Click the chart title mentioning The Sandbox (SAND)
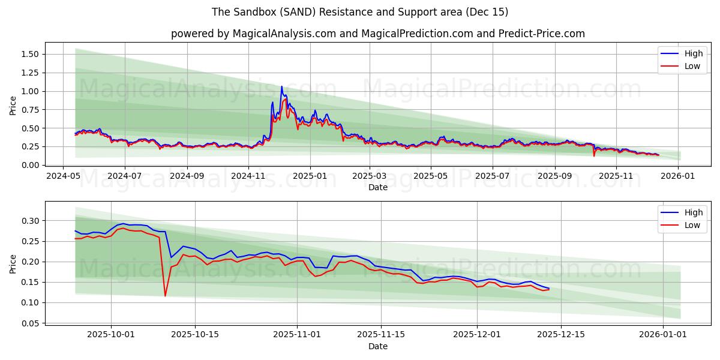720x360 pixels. tap(360, 12)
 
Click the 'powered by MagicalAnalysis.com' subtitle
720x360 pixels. tap(377, 34)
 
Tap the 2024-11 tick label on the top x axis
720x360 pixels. tap(248, 176)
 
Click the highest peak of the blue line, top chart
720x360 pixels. tap(281, 86)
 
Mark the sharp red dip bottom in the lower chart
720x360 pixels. tap(165, 296)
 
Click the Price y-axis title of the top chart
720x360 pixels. tap(13, 106)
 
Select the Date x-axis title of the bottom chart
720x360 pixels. tap(378, 346)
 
